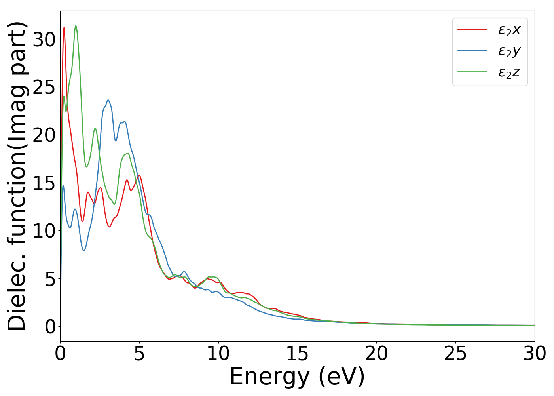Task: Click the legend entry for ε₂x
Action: click(x=509, y=30)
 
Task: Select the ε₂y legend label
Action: click(x=509, y=51)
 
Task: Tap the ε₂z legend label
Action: click(x=509, y=72)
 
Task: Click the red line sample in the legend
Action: click(x=472, y=29)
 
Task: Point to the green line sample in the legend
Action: click(x=472, y=72)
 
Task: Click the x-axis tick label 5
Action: click(x=139, y=354)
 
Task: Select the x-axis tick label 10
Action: click(x=218, y=354)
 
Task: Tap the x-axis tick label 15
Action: click(x=297, y=354)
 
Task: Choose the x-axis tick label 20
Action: click(x=376, y=354)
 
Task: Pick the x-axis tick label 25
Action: click(x=455, y=354)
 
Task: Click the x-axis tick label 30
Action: click(x=535, y=354)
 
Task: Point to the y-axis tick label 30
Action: click(x=44, y=39)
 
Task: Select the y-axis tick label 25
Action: click(x=44, y=87)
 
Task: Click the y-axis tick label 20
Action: click(x=44, y=135)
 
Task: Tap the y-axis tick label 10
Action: click(x=44, y=231)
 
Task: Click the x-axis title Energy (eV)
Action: click(x=297, y=376)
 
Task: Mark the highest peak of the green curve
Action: click(x=76, y=26)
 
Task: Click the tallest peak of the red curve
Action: click(x=64, y=28)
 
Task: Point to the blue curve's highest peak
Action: click(x=108, y=100)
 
